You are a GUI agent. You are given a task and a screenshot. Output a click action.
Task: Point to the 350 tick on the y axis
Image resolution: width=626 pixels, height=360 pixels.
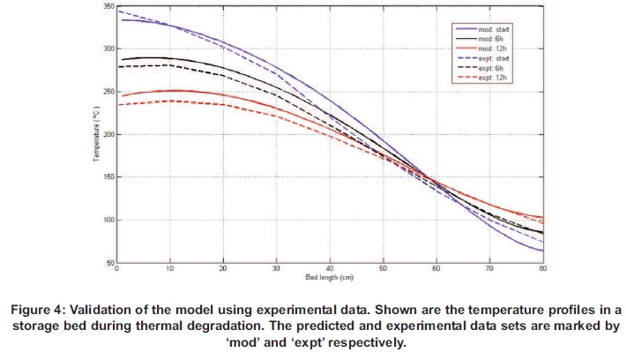coord(108,7)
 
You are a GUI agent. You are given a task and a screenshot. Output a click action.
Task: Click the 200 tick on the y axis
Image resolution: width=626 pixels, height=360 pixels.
coord(108,135)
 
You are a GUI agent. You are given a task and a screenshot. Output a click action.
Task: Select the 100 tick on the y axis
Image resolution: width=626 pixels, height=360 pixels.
coord(108,220)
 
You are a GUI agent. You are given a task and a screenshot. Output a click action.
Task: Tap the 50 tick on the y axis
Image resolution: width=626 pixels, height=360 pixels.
coord(109,263)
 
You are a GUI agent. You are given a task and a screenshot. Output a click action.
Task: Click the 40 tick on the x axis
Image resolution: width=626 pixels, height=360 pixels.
coord(330,269)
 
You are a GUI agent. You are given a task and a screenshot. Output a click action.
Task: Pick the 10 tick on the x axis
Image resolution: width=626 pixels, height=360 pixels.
coord(170,269)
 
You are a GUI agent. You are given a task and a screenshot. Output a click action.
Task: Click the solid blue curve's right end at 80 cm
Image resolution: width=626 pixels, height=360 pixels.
coord(541,251)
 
